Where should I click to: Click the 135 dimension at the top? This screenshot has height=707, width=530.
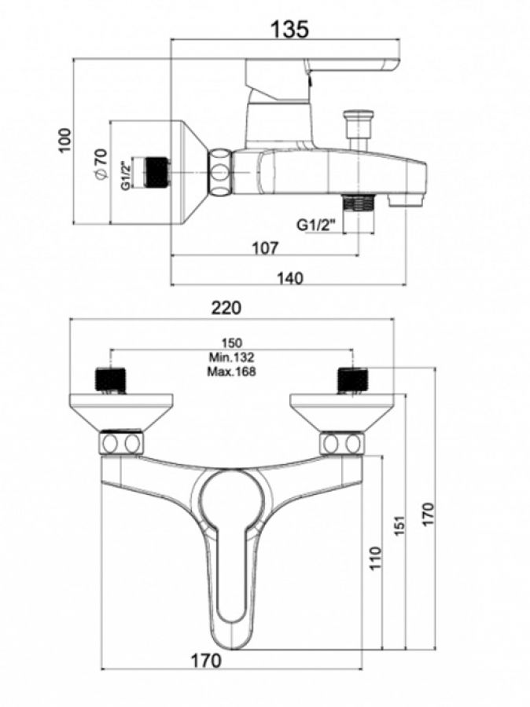(x=290, y=29)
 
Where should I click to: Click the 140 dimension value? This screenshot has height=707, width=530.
(x=290, y=277)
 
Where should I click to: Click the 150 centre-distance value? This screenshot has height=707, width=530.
(x=232, y=343)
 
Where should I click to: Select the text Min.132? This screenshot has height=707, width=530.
(x=232, y=357)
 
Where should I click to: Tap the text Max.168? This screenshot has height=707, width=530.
(x=232, y=372)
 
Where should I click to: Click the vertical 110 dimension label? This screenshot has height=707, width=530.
(x=375, y=558)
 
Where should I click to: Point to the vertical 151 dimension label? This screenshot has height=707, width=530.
(x=399, y=522)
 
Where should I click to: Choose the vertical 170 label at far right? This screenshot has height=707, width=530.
(x=428, y=515)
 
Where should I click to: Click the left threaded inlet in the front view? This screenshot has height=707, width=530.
(x=110, y=379)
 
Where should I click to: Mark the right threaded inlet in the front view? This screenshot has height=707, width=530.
(x=352, y=379)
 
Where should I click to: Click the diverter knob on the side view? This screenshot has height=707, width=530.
(x=359, y=126)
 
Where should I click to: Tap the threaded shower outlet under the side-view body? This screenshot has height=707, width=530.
(x=361, y=203)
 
